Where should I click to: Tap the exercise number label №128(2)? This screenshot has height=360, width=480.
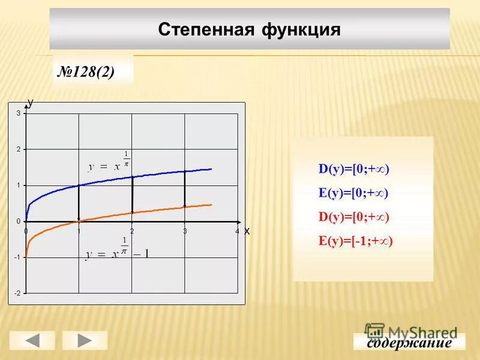(x=86, y=72)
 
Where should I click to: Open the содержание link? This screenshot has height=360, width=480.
(x=409, y=343)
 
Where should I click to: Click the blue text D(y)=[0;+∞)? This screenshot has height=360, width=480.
(x=354, y=170)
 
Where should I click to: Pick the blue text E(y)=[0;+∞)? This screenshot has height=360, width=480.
(x=354, y=193)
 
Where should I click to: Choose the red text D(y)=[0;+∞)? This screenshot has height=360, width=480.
(x=354, y=217)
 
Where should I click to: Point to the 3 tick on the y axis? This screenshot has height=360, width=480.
(x=19, y=113)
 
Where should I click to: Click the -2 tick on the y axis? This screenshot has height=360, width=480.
(x=17, y=293)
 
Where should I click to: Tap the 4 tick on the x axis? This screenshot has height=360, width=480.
(x=237, y=231)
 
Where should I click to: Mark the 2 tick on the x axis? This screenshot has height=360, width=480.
(x=131, y=231)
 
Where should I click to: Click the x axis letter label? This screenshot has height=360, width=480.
(x=247, y=230)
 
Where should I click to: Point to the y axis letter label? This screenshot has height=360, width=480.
(x=31, y=103)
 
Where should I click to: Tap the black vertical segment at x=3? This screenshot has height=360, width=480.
(x=185, y=189)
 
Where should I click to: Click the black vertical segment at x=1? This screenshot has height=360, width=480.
(x=79, y=203)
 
